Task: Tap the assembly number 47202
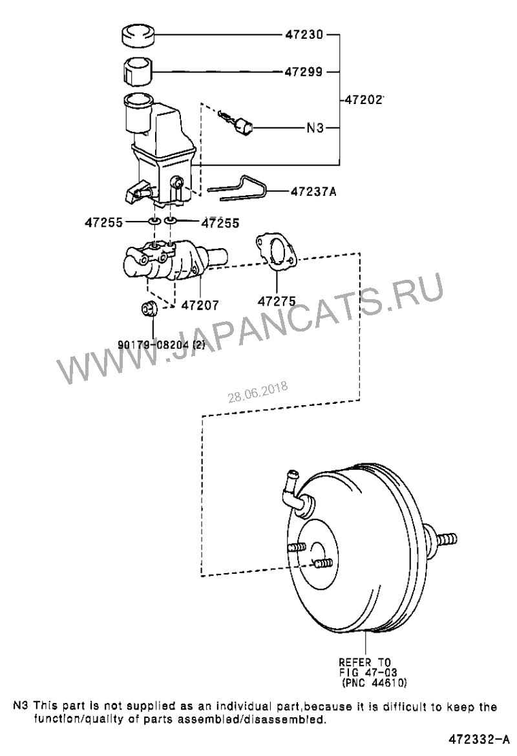pyautogui.click(x=364, y=100)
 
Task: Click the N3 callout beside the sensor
pyautogui.click(x=315, y=128)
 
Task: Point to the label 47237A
pyautogui.click(x=313, y=191)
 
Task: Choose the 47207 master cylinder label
pyautogui.click(x=200, y=305)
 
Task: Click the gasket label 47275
pyautogui.click(x=277, y=301)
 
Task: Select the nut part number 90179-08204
pyautogui.click(x=162, y=345)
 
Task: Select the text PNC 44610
pyautogui.click(x=374, y=683)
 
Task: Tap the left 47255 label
pyautogui.click(x=103, y=222)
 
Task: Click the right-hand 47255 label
pyautogui.click(x=220, y=222)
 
